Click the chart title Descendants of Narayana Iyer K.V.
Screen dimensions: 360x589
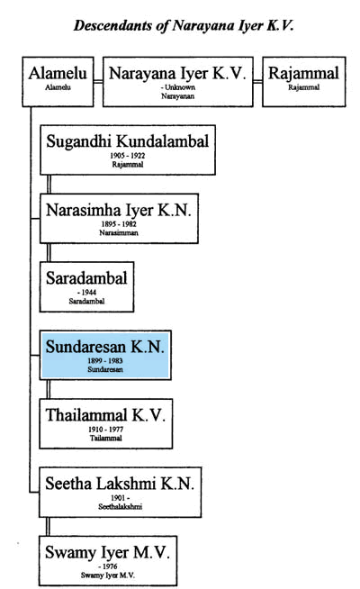point(184,25)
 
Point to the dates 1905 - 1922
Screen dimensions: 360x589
point(128,156)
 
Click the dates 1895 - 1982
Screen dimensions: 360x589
point(119,224)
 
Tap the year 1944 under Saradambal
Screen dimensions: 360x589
point(89,293)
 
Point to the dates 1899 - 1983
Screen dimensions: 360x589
point(105,361)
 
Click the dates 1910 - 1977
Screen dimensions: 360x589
point(106,430)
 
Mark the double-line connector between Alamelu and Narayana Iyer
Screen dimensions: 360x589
point(98,82)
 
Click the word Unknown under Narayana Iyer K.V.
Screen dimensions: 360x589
point(180,87)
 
